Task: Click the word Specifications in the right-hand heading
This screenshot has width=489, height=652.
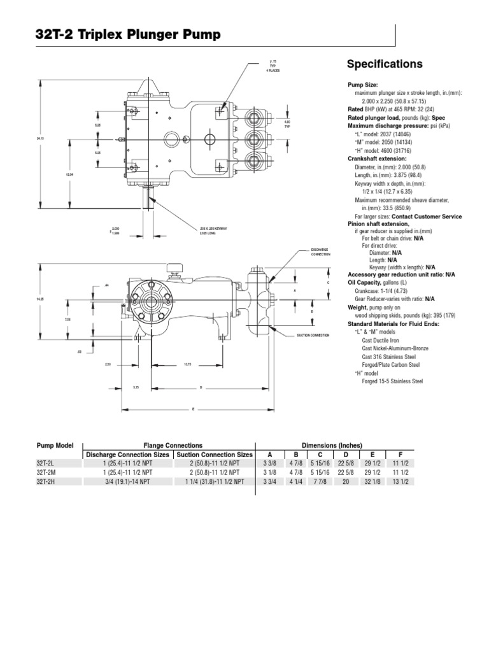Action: tap(384, 64)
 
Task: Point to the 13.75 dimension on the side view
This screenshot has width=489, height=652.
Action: tap(188, 364)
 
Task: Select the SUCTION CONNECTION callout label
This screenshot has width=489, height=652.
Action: tap(313, 334)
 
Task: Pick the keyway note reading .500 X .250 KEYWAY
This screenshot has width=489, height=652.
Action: tap(214, 227)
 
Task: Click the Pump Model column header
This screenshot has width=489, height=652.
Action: tap(55, 445)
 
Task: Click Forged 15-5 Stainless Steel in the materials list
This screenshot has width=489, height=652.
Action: tap(392, 381)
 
